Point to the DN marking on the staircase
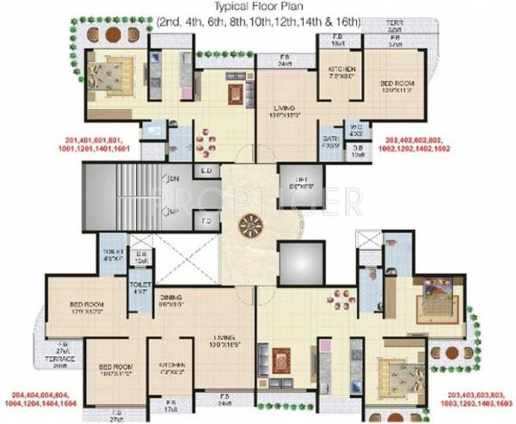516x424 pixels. [x=175, y=179]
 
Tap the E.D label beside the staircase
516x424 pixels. [x=206, y=171]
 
